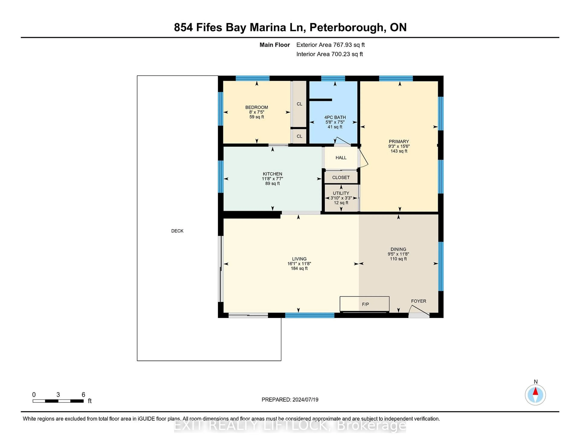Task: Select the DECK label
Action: pyautogui.click(x=177, y=231)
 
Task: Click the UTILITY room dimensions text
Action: pyautogui.click(x=341, y=198)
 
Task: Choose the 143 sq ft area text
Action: pyautogui.click(x=399, y=151)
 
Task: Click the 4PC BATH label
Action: pyautogui.click(x=335, y=117)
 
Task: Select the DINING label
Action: pyautogui.click(x=398, y=249)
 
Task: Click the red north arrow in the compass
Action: pyautogui.click(x=535, y=391)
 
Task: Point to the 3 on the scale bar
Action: pyautogui.click(x=58, y=395)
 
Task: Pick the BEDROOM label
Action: pyautogui.click(x=256, y=107)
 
